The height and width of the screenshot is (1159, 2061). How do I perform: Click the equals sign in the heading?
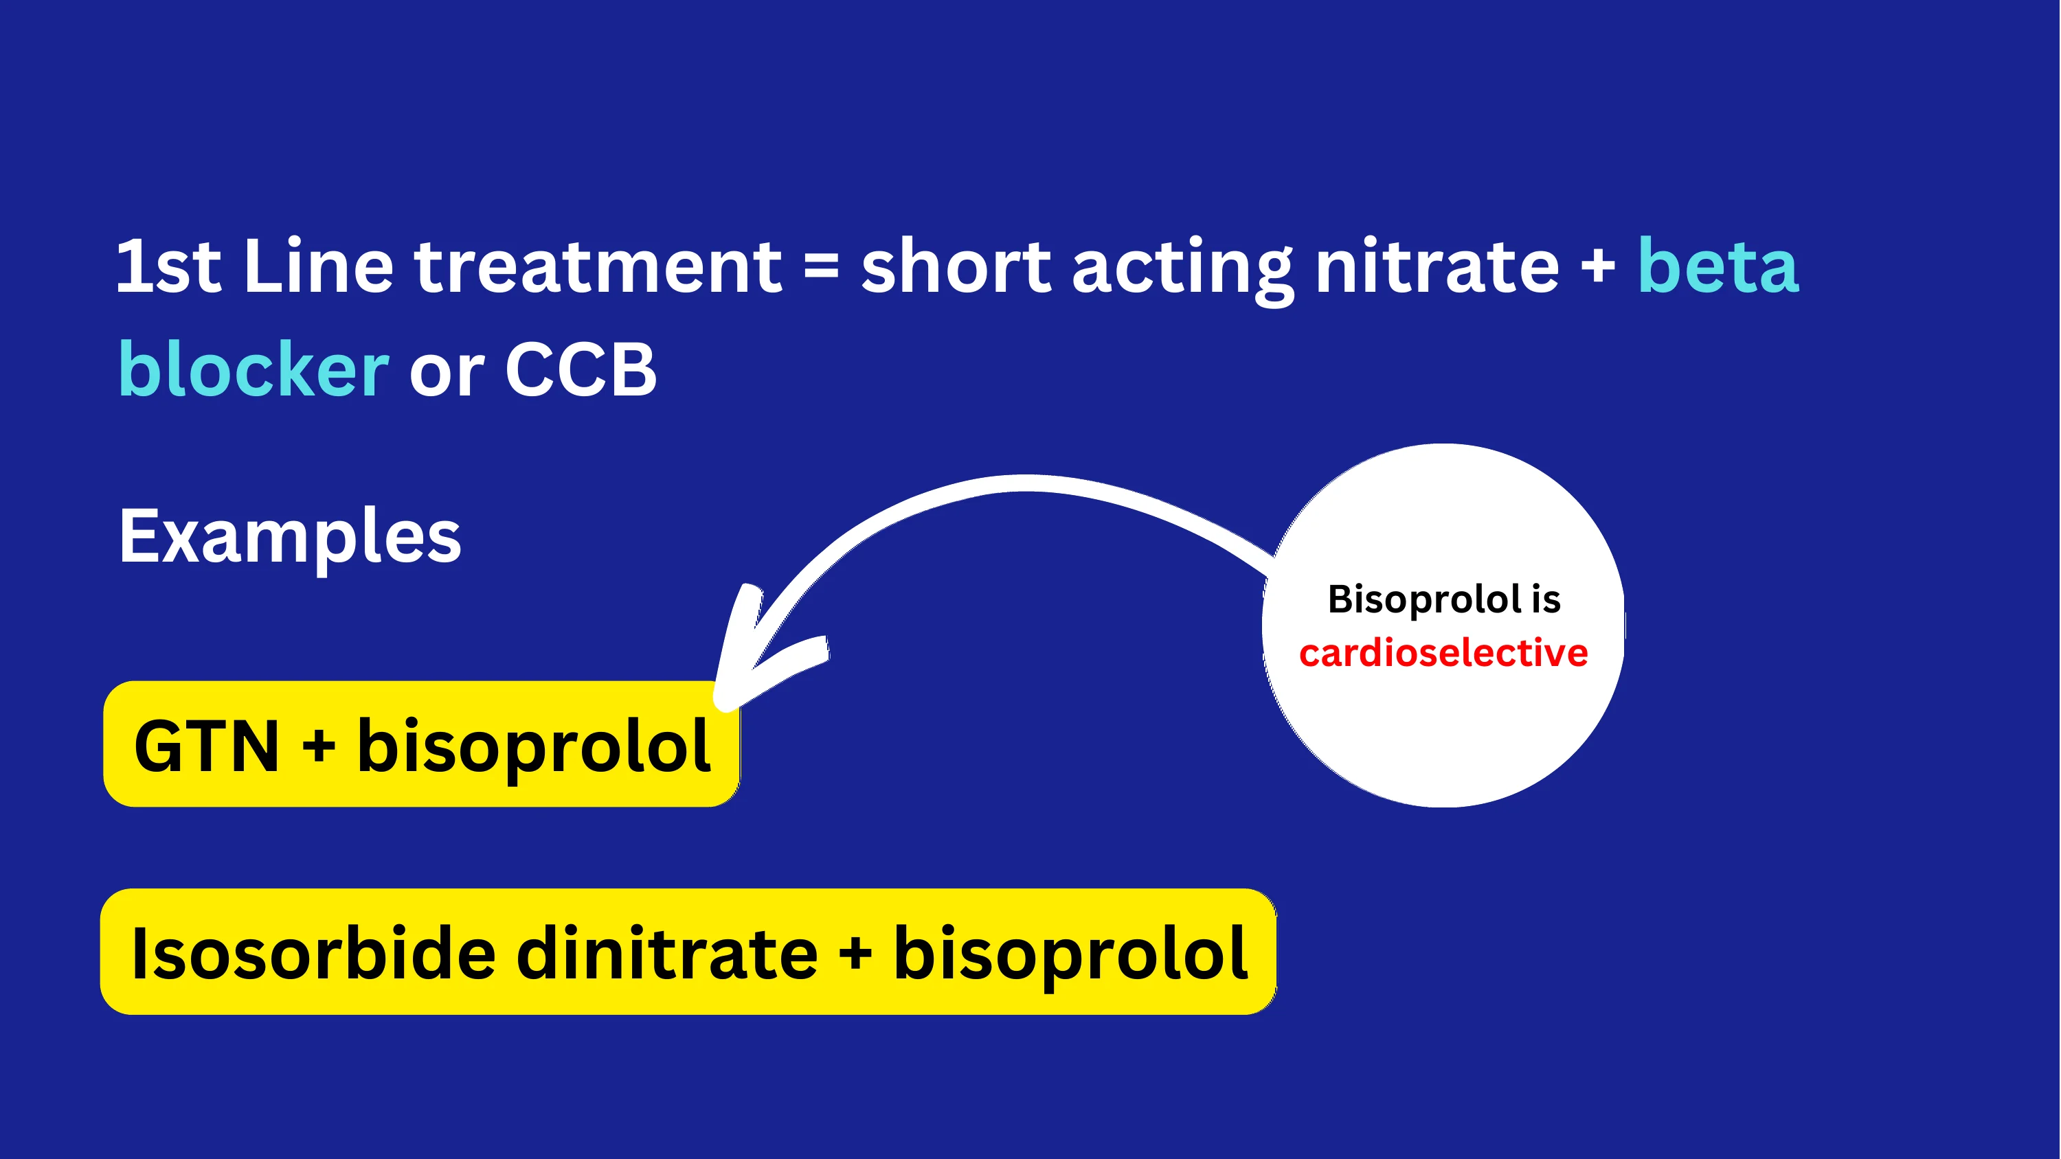(821, 268)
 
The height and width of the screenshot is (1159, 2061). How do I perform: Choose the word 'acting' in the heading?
(1182, 272)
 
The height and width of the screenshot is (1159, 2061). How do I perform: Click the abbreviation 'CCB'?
(580, 369)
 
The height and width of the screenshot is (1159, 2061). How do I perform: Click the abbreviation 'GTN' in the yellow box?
(206, 746)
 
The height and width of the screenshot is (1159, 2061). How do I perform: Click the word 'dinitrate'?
(667, 954)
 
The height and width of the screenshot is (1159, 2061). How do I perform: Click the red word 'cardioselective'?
(1443, 653)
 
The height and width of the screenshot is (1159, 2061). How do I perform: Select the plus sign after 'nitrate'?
(1598, 268)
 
